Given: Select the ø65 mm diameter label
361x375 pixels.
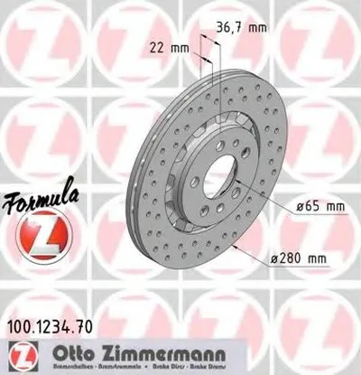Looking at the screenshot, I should (321, 208).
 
